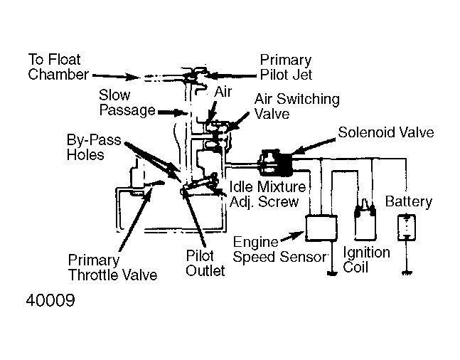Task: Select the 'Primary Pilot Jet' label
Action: click(285, 68)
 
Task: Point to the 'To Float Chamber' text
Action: click(58, 66)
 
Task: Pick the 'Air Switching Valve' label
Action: click(296, 107)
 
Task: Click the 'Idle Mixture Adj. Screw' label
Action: click(267, 194)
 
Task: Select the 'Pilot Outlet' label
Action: click(205, 263)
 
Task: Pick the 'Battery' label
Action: click(408, 201)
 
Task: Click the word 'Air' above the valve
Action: click(223, 92)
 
